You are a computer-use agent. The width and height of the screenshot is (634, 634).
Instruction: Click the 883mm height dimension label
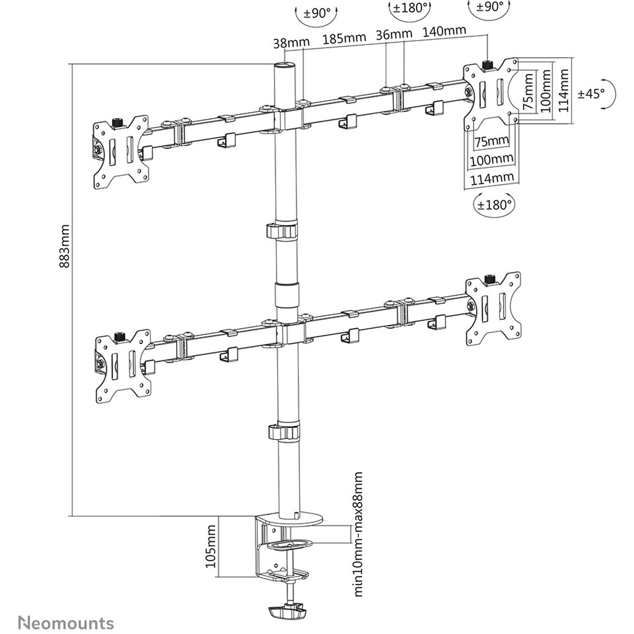coord(65,246)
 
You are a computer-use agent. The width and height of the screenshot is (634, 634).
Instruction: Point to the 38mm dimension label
coord(291,43)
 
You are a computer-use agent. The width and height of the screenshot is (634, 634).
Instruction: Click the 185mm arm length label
coord(344,39)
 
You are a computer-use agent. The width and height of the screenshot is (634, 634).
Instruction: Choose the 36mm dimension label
coord(394,35)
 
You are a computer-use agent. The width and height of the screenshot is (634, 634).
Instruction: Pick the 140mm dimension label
coord(444,31)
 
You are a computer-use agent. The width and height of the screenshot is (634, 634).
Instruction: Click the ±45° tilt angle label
coord(591,94)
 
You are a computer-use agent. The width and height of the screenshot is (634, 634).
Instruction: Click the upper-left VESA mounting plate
coord(121,152)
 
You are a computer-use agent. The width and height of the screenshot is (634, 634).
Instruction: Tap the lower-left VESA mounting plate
coord(123,366)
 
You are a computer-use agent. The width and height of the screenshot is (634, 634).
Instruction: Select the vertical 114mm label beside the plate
coord(563,91)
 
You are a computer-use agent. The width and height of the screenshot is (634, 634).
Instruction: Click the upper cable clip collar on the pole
coord(282,231)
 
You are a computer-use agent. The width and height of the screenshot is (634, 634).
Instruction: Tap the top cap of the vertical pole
coord(285,65)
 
